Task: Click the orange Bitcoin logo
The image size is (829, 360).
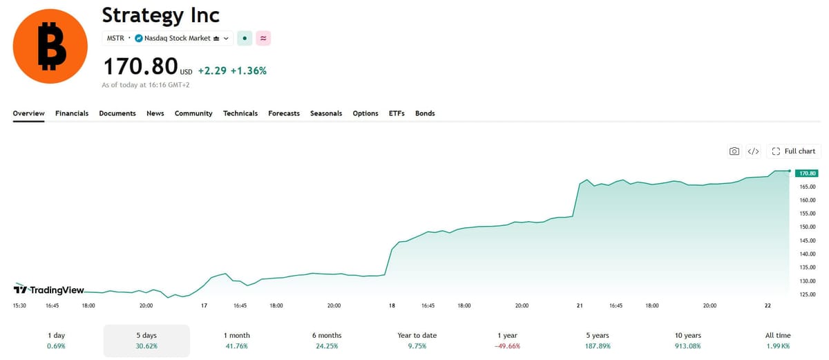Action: pos(50,46)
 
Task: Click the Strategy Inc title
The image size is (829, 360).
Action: pos(160,15)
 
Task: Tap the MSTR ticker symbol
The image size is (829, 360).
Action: pos(115,38)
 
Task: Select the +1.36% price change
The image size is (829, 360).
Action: pos(248,70)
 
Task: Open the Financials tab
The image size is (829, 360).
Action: pos(72,113)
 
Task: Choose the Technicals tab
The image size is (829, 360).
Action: pos(240,113)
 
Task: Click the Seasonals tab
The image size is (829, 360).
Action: pos(326,113)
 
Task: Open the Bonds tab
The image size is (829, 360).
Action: pos(425,113)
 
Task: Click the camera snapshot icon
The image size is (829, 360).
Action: pos(734,151)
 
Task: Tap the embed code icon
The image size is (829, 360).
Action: pos(753,151)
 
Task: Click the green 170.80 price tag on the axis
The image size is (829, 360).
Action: pos(807,173)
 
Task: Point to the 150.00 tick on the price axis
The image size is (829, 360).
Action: pos(808,227)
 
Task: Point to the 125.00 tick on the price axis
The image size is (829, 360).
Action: pos(808,294)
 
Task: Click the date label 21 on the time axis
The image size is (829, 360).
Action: pos(580,305)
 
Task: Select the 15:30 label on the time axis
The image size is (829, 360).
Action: pos(19,305)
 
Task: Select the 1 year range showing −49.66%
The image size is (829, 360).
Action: pos(507,341)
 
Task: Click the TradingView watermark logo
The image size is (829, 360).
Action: pos(49,290)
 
